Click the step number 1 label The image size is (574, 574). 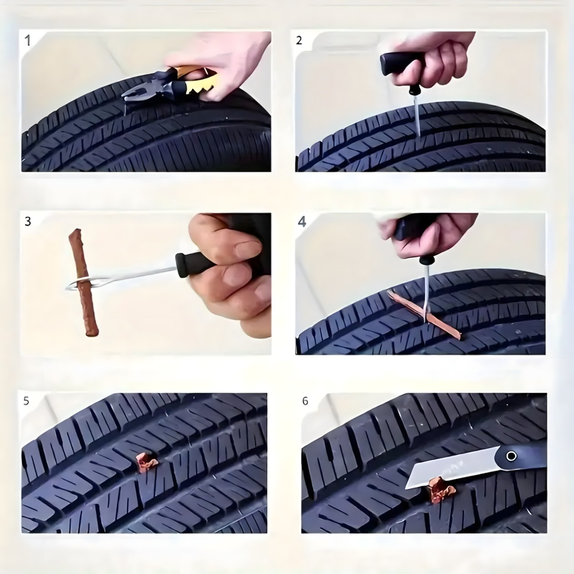28,40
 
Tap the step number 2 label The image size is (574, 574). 299,40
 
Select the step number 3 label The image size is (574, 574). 28,222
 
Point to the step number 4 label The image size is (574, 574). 302,222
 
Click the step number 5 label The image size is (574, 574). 26,401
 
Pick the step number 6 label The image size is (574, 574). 305,401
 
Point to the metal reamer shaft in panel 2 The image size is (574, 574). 417,116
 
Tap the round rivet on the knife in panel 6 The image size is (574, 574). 511,456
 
